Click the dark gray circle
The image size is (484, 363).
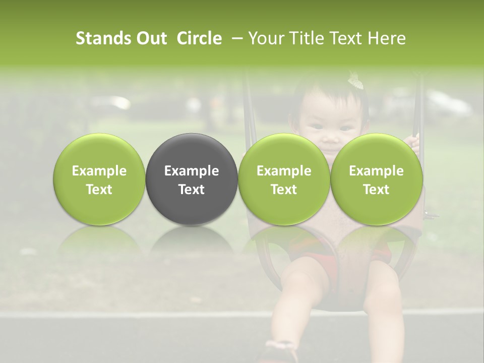pyautogui.click(x=192, y=179)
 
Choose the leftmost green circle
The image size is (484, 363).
pyautogui.click(x=99, y=179)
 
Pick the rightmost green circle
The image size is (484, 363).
pyautogui.click(x=377, y=179)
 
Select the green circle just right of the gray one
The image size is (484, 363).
pyautogui.click(x=284, y=179)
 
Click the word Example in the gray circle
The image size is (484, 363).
pyautogui.click(x=192, y=171)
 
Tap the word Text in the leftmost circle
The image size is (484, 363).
pyautogui.click(x=99, y=190)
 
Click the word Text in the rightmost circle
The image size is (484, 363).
pyautogui.click(x=377, y=190)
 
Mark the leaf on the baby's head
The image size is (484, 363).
pyautogui.click(x=355, y=81)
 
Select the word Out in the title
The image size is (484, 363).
pyautogui.click(x=152, y=38)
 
